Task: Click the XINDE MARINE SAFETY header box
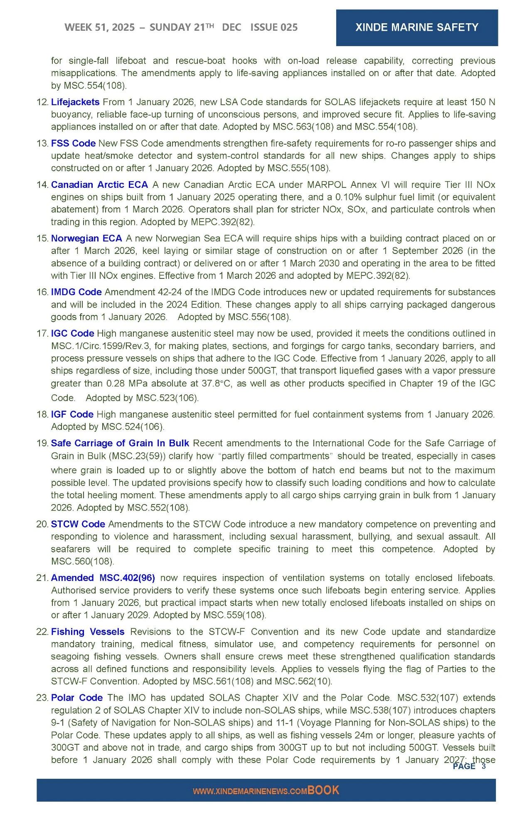[x=417, y=27]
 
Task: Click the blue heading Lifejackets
[x=75, y=102]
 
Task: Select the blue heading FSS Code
[x=73, y=143]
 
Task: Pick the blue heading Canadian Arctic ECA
[x=99, y=185]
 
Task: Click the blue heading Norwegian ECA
[x=86, y=239]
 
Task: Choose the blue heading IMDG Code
[x=76, y=292]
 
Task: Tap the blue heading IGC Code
[x=72, y=334]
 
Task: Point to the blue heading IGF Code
[x=72, y=414]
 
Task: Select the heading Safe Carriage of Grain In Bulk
[x=120, y=443]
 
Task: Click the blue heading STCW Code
[x=78, y=524]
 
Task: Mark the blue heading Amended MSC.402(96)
[x=103, y=578]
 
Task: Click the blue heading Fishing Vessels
[x=88, y=632]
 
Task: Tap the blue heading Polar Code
[x=76, y=698]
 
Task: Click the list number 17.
[x=42, y=334]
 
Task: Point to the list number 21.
[x=42, y=578]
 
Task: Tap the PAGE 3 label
[x=469, y=766]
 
